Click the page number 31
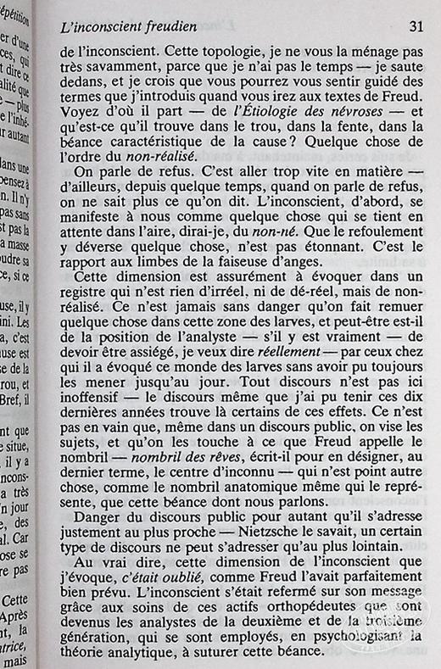pyautogui.click(x=416, y=25)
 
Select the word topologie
pyautogui.click(x=227, y=51)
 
